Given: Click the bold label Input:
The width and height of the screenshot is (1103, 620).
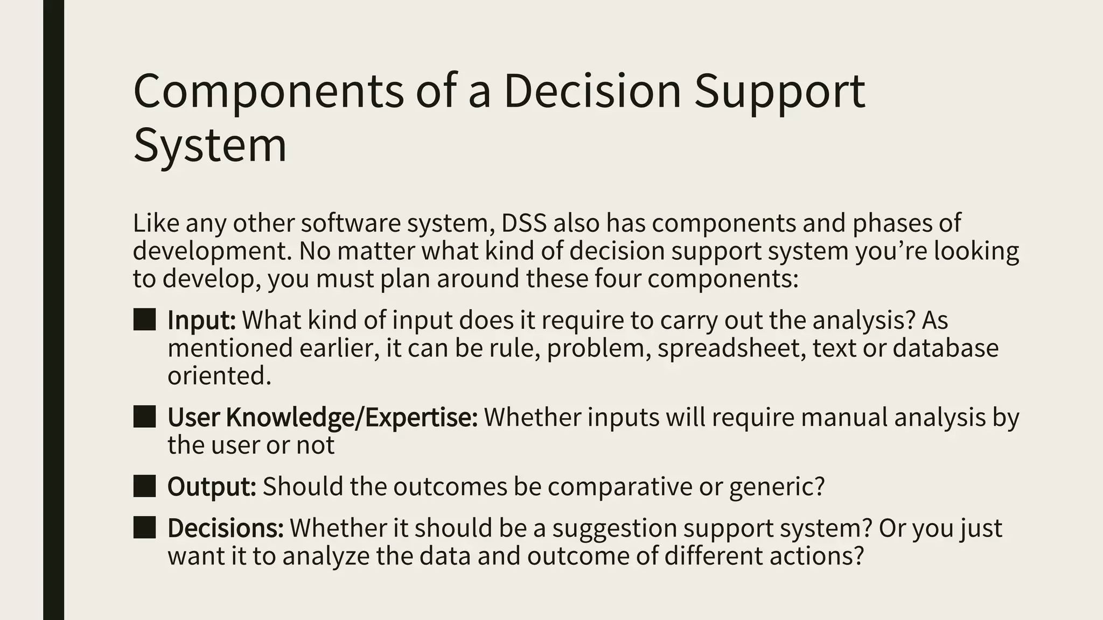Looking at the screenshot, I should (x=201, y=320).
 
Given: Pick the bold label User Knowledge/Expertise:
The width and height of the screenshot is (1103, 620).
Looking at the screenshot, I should (x=322, y=417).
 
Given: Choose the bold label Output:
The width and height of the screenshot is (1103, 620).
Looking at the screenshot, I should (x=212, y=487).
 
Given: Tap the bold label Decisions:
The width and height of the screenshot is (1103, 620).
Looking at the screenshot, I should (x=225, y=528).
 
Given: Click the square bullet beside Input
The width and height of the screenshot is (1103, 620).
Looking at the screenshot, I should (x=144, y=320).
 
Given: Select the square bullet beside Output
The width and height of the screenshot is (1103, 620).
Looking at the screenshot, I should (x=144, y=486).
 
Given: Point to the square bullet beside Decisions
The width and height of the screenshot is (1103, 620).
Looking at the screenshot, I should (x=144, y=527).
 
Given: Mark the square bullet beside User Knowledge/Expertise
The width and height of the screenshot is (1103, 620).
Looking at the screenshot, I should (x=144, y=417).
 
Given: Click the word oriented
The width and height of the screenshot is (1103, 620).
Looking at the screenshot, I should (x=219, y=376).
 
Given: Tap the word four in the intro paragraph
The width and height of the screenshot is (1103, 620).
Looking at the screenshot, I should (x=617, y=279).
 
